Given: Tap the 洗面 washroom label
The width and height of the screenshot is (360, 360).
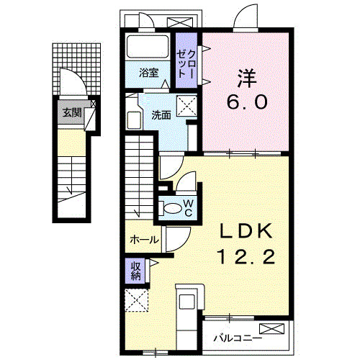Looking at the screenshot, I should (x=161, y=114).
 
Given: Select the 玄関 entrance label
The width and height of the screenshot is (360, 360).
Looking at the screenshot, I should (x=71, y=112).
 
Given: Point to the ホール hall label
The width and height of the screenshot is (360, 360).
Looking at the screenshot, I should (x=144, y=240).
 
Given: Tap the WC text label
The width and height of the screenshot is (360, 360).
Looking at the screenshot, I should (x=186, y=207).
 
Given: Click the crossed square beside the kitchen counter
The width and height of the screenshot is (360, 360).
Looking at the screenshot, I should (x=135, y=300).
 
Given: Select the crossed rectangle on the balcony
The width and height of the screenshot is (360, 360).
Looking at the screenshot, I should (x=273, y=329).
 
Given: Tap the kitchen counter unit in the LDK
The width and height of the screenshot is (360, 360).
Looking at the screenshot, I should (x=188, y=310).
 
